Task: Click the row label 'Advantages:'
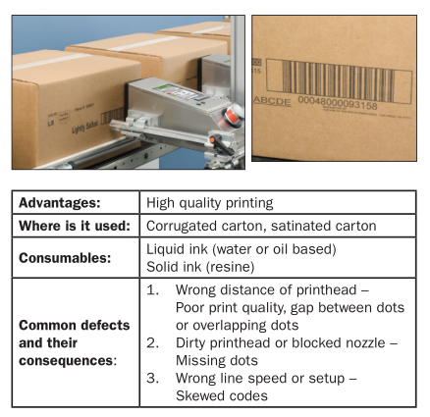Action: click(60, 203)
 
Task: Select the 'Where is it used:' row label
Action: click(75, 226)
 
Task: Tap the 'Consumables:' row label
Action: click(65, 258)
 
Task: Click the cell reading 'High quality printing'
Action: click(209, 203)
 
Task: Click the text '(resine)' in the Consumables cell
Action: click(232, 267)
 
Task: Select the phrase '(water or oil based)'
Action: click(274, 249)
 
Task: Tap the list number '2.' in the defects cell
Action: click(153, 342)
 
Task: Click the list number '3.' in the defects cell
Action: click(153, 378)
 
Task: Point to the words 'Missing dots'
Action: click(217, 360)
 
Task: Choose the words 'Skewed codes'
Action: click(222, 395)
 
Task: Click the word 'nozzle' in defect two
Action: click(365, 342)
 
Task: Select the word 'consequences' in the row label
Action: click(66, 360)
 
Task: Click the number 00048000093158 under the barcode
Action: click(338, 102)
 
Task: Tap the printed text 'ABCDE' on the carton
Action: click(272, 101)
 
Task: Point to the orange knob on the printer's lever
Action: click(212, 140)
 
